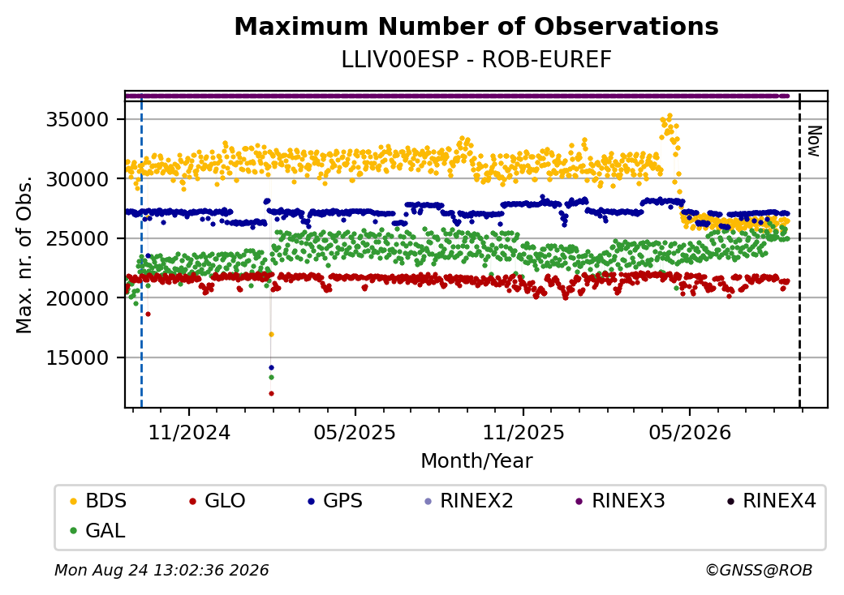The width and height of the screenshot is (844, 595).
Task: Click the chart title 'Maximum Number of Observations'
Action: tap(476, 26)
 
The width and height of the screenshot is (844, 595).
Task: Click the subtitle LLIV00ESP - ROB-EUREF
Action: tap(476, 60)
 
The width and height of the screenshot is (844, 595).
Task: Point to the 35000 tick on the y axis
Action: tap(78, 119)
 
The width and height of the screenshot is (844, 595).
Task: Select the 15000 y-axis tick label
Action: tap(78, 357)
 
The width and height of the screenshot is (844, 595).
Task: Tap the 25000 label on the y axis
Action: tap(78, 238)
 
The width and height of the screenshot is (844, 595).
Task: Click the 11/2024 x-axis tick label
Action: tap(189, 432)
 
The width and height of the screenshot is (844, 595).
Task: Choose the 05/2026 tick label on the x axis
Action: tap(690, 432)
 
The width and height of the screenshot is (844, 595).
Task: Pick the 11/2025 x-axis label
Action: tap(523, 432)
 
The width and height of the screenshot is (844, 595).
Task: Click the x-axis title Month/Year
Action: tap(476, 460)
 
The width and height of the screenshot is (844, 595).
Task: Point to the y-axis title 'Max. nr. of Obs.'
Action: tap(24, 255)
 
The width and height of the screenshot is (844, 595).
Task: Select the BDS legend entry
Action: tap(98, 501)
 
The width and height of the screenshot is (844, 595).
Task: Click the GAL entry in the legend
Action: tap(97, 530)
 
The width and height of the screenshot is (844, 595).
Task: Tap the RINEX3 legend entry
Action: tap(620, 501)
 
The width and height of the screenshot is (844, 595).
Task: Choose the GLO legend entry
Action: tap(217, 501)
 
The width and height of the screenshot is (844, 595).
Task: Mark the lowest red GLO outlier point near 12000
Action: tap(271, 393)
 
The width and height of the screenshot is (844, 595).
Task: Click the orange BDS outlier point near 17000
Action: tap(271, 334)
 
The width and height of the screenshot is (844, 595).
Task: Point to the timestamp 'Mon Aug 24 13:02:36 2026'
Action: tap(161, 570)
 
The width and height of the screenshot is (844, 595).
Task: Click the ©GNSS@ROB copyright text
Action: tap(759, 570)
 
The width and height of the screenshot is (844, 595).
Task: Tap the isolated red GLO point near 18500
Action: tap(148, 314)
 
